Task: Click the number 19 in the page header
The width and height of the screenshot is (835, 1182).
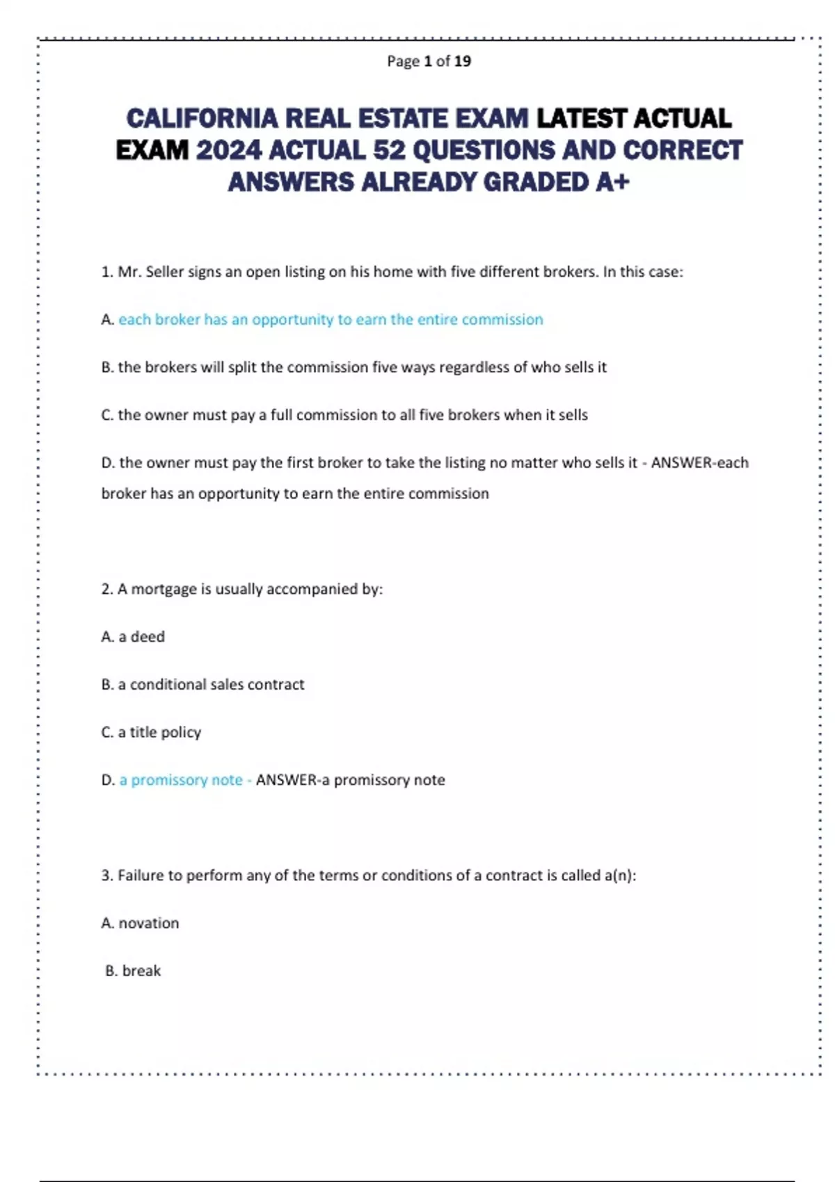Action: [x=463, y=61]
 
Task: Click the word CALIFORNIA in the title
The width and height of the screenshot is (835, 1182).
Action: [x=202, y=119]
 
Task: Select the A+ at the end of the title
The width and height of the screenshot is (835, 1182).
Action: [x=612, y=182]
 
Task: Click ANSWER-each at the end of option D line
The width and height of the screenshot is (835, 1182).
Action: [x=699, y=463]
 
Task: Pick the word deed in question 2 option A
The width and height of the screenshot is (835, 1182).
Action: [x=148, y=637]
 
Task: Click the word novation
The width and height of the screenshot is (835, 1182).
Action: [x=149, y=923]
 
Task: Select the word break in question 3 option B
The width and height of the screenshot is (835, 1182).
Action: [x=141, y=971]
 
